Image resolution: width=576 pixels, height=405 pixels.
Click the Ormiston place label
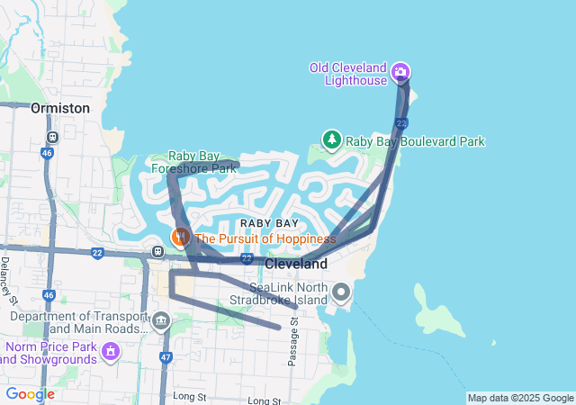(x=60, y=108)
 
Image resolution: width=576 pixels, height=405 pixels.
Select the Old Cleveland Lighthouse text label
(x=347, y=74)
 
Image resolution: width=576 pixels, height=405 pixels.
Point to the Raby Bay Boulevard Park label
(x=416, y=141)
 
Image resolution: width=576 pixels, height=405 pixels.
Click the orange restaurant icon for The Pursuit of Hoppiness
(x=181, y=238)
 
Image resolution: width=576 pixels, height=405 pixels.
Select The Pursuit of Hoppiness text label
(x=265, y=238)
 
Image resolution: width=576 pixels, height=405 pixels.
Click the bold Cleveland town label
(x=295, y=264)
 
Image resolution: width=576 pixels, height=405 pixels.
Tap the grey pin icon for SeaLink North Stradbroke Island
(x=341, y=292)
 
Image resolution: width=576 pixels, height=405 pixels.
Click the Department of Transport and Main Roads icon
(x=161, y=320)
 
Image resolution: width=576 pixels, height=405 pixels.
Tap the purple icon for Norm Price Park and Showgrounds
(x=111, y=349)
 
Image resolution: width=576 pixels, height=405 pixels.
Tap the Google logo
(x=30, y=394)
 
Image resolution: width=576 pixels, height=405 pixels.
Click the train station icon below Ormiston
(x=53, y=138)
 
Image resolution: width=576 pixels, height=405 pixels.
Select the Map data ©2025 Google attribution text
(x=520, y=398)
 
